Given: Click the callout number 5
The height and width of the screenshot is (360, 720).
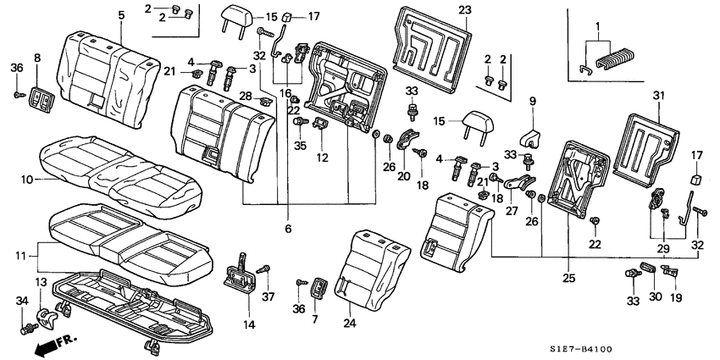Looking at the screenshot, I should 121,15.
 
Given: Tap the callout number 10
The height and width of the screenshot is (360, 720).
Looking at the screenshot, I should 25,179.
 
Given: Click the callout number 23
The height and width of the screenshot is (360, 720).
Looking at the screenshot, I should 463,10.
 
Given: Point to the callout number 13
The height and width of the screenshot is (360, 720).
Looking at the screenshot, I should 40,282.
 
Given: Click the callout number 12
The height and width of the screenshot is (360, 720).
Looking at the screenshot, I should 323,158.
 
